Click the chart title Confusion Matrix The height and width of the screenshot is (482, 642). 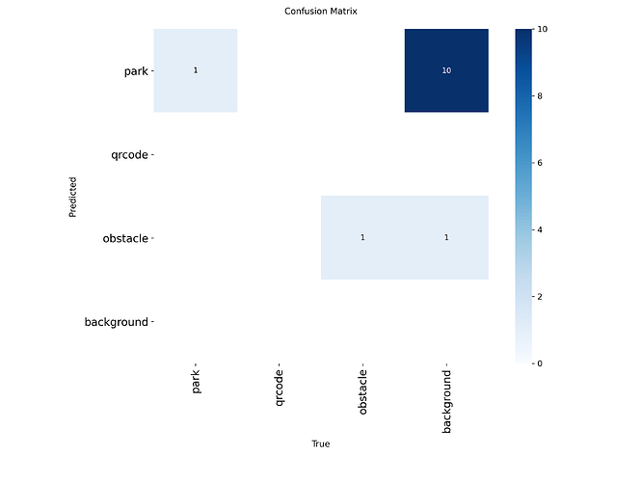(x=321, y=12)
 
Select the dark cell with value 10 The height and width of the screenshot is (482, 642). (x=446, y=70)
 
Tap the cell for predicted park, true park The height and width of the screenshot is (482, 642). (x=196, y=70)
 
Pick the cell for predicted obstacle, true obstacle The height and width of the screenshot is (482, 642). (x=362, y=237)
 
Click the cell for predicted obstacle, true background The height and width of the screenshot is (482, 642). (x=446, y=237)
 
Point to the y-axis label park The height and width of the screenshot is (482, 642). (x=136, y=71)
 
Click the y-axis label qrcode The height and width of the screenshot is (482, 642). (x=129, y=155)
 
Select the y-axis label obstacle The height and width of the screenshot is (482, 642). (x=125, y=238)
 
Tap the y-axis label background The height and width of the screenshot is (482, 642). (x=117, y=322)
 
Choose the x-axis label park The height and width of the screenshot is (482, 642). (x=196, y=381)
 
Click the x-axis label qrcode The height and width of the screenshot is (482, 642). (x=280, y=388)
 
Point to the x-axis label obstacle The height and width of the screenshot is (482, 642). (x=362, y=392)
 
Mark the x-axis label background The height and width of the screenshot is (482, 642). (x=446, y=401)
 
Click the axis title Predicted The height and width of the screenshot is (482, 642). (x=72, y=197)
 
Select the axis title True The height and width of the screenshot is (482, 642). (x=321, y=443)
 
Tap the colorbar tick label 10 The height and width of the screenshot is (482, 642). (x=543, y=29)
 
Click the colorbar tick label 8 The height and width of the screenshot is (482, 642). (x=540, y=95)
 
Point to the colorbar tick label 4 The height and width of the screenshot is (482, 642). (x=540, y=229)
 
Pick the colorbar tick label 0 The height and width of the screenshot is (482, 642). (x=540, y=363)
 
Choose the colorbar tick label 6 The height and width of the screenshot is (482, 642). (x=540, y=163)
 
